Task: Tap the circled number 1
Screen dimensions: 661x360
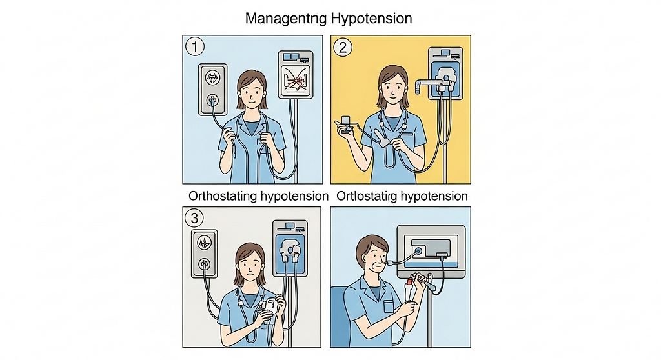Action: coord(195,46)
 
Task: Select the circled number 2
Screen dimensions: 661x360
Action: coord(343,47)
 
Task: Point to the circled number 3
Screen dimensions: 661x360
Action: coord(194,218)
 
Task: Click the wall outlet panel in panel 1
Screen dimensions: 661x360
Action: coord(213,90)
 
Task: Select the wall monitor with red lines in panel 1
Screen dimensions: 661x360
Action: coord(296,75)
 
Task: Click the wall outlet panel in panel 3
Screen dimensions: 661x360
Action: coord(205,254)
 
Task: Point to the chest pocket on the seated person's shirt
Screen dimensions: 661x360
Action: coord(389,306)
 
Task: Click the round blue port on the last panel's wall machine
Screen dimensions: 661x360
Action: coord(419,251)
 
